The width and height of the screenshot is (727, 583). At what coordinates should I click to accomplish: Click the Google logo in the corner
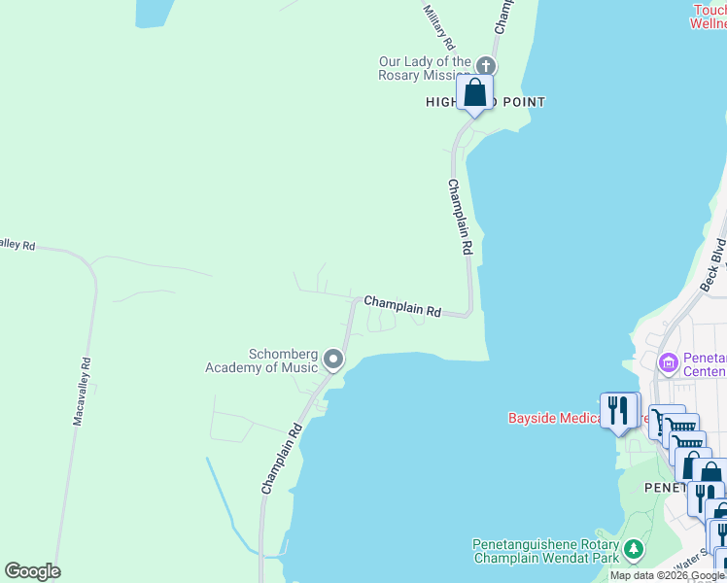click(32, 571)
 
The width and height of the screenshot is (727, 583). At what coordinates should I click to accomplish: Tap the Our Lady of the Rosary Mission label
click(425, 69)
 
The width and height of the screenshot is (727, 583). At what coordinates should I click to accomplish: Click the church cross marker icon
click(486, 66)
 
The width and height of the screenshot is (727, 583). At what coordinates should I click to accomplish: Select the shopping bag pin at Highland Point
click(474, 93)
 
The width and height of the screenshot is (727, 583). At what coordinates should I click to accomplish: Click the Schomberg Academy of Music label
click(261, 360)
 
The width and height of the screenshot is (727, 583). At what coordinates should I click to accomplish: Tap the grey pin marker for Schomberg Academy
click(333, 360)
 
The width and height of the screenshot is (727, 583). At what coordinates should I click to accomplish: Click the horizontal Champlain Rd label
click(403, 307)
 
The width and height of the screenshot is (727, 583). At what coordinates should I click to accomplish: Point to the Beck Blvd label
click(713, 263)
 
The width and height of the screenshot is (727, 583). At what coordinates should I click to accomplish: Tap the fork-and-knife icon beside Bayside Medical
click(617, 411)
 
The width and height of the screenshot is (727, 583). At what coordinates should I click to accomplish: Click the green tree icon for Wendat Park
click(634, 551)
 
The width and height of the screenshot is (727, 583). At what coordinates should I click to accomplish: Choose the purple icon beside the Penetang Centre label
click(668, 363)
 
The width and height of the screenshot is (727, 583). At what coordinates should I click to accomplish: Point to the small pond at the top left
click(155, 11)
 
